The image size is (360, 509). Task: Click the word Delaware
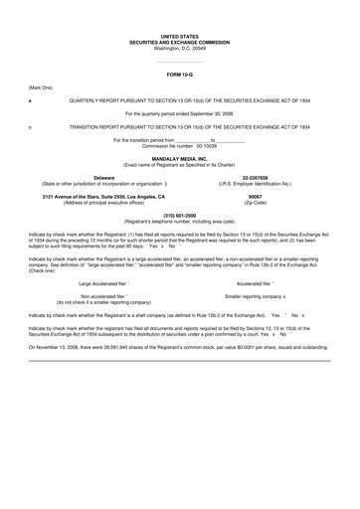[x=90, y=178]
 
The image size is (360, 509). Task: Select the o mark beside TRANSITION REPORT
[x=30, y=128]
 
